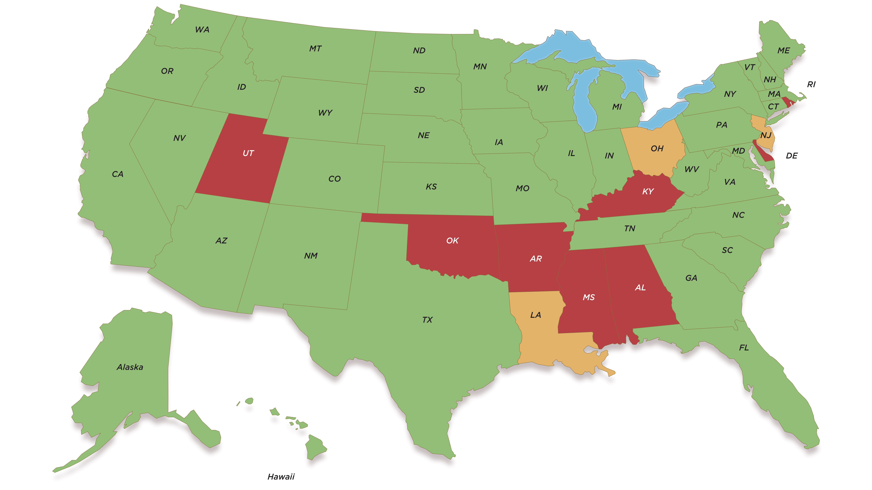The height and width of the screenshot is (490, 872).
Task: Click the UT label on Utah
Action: [x=248, y=153]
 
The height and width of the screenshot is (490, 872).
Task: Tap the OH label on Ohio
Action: [x=657, y=148]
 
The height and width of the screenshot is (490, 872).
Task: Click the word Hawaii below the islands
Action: [x=281, y=477]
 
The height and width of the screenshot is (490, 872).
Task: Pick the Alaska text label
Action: [x=130, y=367]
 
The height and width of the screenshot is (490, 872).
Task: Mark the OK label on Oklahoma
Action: [x=452, y=240]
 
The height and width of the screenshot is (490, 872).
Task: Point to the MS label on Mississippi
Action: [x=589, y=297]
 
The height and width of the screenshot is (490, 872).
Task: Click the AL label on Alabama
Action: [x=640, y=287]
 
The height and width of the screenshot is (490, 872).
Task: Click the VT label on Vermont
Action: [x=749, y=67]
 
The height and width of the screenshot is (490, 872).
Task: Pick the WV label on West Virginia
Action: [x=692, y=169]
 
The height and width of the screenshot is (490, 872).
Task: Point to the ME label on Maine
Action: [x=784, y=50]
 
